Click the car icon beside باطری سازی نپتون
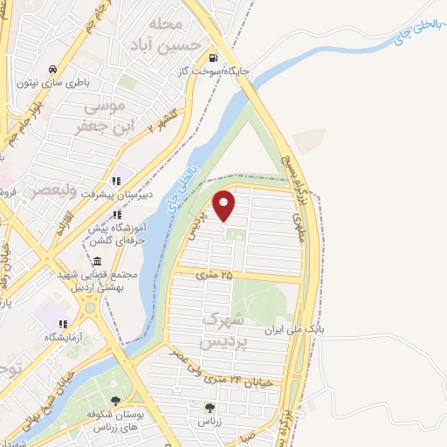[53, 69]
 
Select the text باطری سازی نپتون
[53, 85]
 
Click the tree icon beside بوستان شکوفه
[115, 401]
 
